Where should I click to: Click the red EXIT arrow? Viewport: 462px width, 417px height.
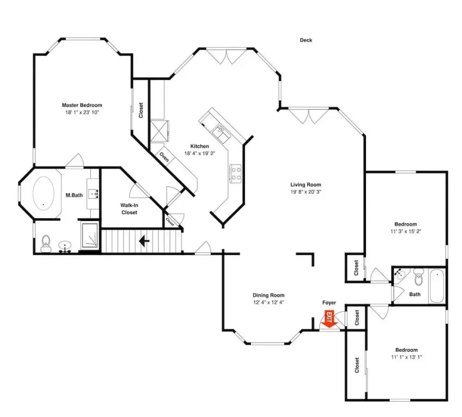[330, 319]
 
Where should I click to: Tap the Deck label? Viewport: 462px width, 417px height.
[306, 40]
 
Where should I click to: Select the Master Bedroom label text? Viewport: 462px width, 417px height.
[82, 105]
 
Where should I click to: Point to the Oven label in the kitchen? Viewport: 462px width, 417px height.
[164, 156]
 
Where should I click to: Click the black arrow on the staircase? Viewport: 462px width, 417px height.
[144, 241]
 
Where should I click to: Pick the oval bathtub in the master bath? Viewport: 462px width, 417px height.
[43, 193]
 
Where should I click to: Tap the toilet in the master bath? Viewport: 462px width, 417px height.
[46, 244]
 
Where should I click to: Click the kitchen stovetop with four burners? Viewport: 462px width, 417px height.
[236, 174]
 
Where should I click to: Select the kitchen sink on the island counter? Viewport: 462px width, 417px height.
[222, 133]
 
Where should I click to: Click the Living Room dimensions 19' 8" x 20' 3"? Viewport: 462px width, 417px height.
[306, 192]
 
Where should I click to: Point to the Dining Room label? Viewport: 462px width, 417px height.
[268, 295]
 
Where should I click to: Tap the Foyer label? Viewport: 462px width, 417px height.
[329, 302]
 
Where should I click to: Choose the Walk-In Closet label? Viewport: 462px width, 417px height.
[129, 208]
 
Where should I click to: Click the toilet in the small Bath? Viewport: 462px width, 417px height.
[418, 277]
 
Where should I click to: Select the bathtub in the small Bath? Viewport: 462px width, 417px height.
[437, 286]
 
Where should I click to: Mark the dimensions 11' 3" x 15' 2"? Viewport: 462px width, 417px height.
[406, 231]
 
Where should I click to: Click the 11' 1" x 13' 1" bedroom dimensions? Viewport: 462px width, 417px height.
[406, 357]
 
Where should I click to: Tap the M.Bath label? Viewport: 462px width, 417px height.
[74, 195]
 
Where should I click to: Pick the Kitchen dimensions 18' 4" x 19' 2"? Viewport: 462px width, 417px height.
[200, 154]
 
